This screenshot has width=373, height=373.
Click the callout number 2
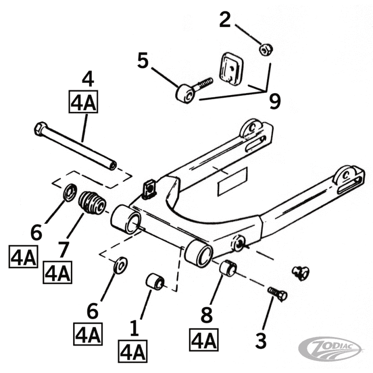click(225, 20)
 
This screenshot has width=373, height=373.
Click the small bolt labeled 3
click(277, 294)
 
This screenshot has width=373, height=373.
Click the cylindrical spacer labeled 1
click(155, 282)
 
